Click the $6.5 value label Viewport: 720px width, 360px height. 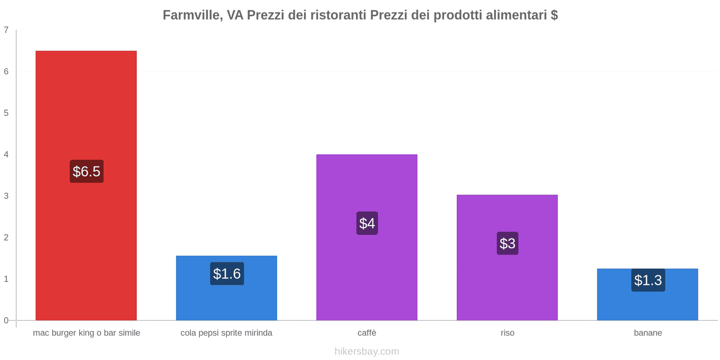tap(86, 171)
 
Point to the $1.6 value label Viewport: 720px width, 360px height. tap(227, 274)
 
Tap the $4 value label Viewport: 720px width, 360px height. tap(367, 223)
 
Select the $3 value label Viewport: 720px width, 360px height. tap(508, 243)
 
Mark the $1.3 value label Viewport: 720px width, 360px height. tap(648, 280)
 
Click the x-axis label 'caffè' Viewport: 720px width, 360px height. tap(367, 333)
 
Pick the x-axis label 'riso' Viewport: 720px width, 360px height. tap(508, 333)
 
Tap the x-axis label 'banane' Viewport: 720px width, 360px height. tap(648, 333)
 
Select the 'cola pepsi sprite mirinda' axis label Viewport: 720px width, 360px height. tap(226, 333)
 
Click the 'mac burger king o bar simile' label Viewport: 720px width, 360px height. tap(86, 333)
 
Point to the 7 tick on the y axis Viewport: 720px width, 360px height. tap(6, 30)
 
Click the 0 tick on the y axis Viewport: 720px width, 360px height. tap(6, 320)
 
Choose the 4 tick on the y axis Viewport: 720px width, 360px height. tap(6, 154)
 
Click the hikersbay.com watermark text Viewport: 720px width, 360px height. tap(367, 351)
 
